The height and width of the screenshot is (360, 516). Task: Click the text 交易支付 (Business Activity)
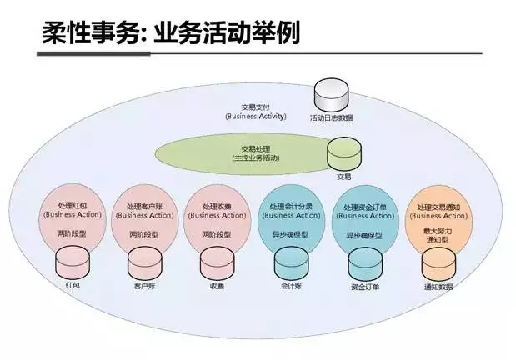point(256,112)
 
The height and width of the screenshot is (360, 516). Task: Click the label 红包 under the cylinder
point(72,285)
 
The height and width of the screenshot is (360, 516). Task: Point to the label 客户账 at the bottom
point(144,285)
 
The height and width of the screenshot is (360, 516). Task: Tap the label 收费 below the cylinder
point(217,285)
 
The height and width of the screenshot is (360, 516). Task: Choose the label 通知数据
point(439,285)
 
